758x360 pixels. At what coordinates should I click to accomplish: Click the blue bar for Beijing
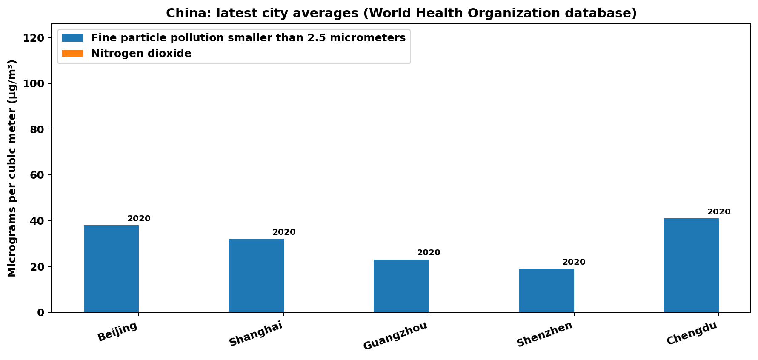[111, 269]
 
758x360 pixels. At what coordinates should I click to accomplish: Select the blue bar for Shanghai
[256, 275]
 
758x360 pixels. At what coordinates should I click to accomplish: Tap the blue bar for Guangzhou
[401, 286]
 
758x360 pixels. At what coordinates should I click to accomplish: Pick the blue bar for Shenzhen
[546, 290]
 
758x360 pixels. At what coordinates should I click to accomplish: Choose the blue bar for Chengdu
[691, 265]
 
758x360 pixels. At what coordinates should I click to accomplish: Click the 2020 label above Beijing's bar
[139, 219]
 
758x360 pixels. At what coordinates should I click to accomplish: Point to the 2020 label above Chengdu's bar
[719, 212]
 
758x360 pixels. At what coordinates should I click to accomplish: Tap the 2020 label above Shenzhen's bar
[574, 262]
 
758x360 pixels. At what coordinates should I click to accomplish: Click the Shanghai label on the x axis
[256, 334]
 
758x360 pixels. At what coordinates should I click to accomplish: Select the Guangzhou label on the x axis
[395, 336]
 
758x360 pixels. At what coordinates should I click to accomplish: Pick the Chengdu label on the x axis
[692, 333]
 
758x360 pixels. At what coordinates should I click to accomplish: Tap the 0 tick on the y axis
[41, 313]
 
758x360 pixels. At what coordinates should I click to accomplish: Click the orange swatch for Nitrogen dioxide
[72, 54]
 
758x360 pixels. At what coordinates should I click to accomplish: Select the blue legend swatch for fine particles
[72, 38]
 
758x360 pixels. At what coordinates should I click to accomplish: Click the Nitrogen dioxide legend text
[141, 54]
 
